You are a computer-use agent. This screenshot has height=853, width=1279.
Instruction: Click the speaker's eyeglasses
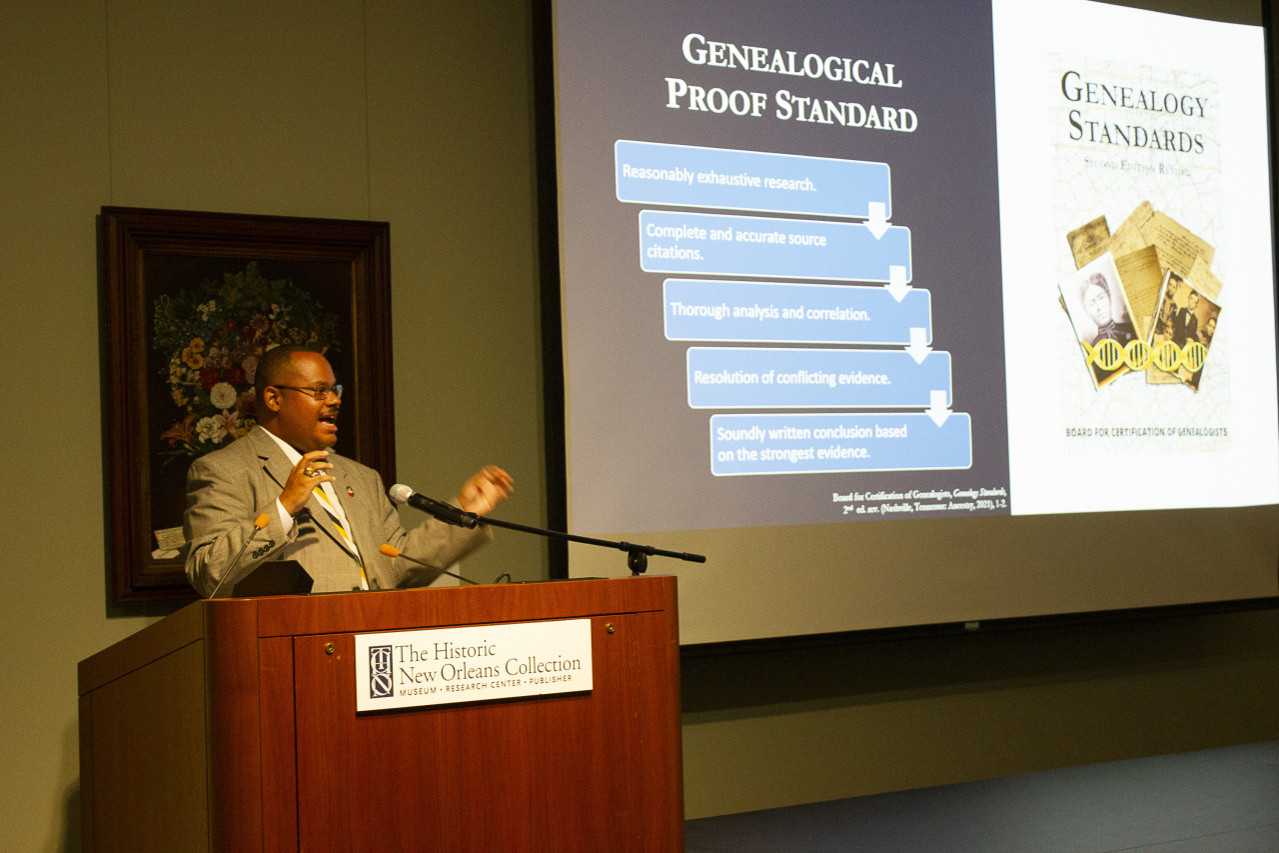coord(311,390)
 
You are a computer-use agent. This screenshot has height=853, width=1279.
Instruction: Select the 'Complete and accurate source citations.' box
coord(773,244)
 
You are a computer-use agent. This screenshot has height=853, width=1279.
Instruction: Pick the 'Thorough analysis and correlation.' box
coord(795,311)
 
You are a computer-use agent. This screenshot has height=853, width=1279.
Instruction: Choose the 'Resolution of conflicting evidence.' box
coord(817,377)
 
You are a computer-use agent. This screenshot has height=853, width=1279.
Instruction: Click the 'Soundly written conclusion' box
coord(839,442)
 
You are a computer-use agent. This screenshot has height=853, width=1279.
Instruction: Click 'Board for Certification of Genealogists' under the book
coord(1145,432)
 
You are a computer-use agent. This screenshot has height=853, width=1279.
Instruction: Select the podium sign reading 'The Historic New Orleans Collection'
coord(474,664)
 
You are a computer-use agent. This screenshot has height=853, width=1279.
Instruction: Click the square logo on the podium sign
coord(381,671)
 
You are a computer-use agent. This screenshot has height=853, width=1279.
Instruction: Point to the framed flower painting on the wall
coord(246,400)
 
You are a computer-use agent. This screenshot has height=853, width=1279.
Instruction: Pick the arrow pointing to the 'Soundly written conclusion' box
coord(937,408)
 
